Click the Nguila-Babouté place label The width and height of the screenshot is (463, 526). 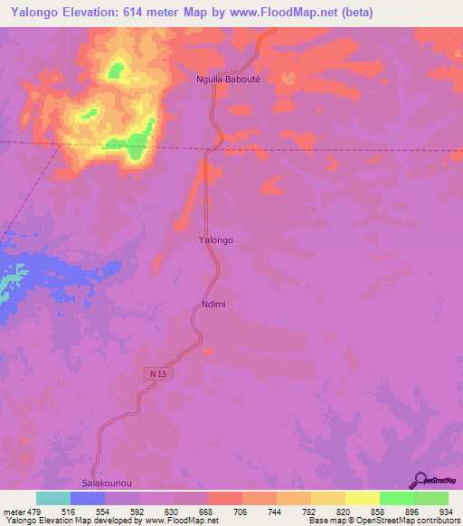[x=229, y=79]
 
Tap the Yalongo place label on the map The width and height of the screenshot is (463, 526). [x=216, y=240]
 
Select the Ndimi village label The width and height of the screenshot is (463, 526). [x=211, y=305]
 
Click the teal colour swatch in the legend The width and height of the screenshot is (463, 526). [x=53, y=498]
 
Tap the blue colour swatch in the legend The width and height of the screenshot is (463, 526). [x=88, y=498]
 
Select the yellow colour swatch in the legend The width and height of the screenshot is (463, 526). [x=362, y=498]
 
